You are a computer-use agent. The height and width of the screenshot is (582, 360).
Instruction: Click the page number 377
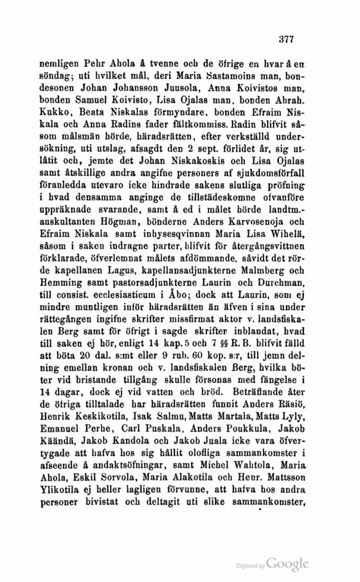click(x=285, y=39)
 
